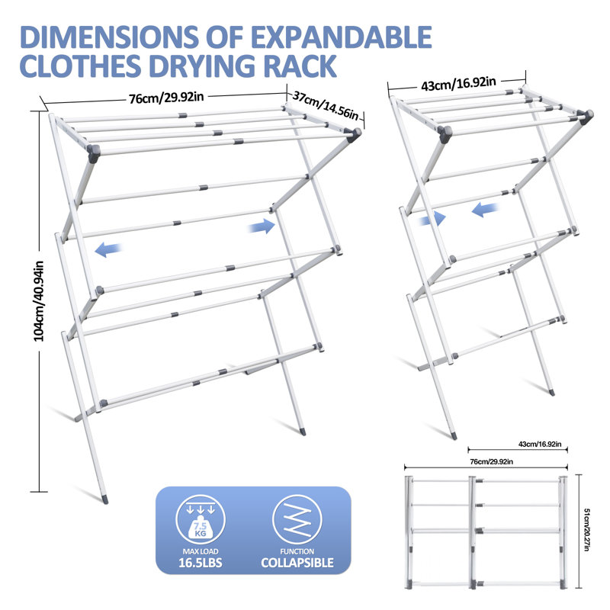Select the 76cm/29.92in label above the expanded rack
(165, 96)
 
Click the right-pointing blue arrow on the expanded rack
(263, 225)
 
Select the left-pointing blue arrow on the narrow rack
(486, 208)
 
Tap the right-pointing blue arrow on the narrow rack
(432, 218)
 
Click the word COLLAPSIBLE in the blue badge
(297, 563)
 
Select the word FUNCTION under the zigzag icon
(297, 551)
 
